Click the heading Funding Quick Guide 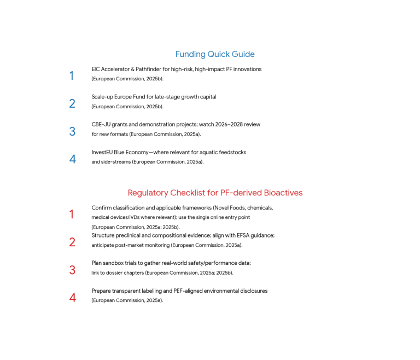(x=215, y=54)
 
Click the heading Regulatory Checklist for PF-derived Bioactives (x=215, y=193)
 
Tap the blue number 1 (x=71, y=76)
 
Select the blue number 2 (x=72, y=104)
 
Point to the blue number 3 (x=72, y=132)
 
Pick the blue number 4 (x=72, y=160)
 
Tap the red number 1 (x=72, y=215)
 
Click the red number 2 (x=72, y=242)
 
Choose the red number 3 (x=72, y=270)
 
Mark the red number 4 (x=72, y=298)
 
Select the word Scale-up (x=102, y=97)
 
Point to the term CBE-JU (x=101, y=125)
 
